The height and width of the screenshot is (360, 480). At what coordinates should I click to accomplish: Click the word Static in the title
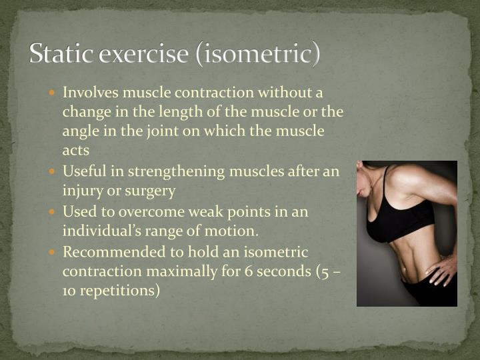click(x=61, y=53)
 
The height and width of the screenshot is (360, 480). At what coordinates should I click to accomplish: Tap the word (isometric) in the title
click(x=257, y=53)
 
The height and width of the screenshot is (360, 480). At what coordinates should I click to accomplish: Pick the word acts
click(x=76, y=151)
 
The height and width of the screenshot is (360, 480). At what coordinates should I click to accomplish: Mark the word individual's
click(x=102, y=231)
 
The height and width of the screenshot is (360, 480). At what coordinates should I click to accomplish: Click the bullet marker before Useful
click(x=53, y=171)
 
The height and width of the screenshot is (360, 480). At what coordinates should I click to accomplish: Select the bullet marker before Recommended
click(x=53, y=253)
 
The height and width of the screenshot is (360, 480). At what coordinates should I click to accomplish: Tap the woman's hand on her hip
click(x=443, y=270)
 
